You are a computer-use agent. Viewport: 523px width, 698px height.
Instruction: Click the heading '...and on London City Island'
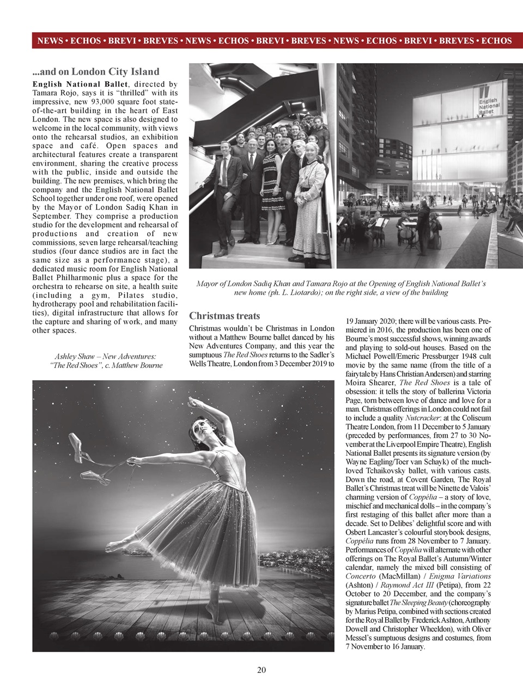[x=96, y=71]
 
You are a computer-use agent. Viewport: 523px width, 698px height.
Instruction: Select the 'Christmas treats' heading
[x=224, y=316]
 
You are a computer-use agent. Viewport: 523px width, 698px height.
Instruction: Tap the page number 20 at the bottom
[x=261, y=670]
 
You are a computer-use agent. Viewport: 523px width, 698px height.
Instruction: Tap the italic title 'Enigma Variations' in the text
[x=459, y=576]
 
